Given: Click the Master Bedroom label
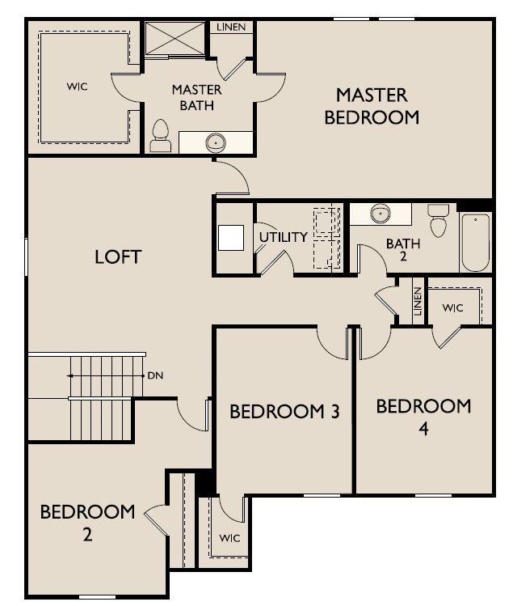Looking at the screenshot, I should coord(372,106).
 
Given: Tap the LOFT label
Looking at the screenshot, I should coord(118,257).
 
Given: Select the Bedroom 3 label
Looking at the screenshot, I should coord(284,412).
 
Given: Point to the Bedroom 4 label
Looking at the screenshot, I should coord(423,416).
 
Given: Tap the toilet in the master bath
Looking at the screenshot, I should coord(160,136).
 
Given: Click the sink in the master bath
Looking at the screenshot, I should coord(216,143).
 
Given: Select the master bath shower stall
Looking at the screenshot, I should coord(174,39).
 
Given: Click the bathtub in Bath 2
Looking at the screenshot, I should coord(475,242).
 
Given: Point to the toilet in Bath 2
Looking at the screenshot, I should coord(438,220).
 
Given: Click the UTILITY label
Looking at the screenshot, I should coord(283,237).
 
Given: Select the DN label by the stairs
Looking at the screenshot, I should coord(155,376).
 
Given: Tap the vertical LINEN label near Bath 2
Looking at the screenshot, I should coord(417,302).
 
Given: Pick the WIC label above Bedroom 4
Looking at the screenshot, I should coord(452,307).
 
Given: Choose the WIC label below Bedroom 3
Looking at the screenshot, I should coord(229,537).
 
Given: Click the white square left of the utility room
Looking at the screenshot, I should coord(231,237).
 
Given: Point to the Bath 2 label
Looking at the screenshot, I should coord(402,249).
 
